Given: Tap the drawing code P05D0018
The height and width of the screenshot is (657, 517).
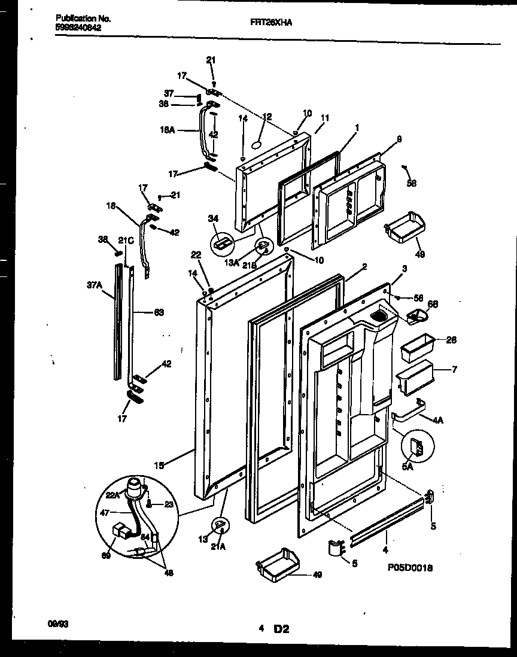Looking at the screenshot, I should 406,568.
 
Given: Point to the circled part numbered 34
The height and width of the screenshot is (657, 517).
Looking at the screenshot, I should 222,243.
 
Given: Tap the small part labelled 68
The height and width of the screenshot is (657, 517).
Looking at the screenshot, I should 416,315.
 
